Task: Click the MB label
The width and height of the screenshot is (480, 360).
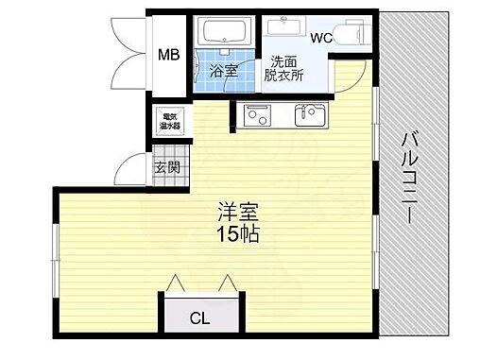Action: pos(167,55)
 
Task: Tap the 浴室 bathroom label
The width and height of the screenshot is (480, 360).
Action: pos(223,70)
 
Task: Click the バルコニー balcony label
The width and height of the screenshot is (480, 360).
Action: pos(409,177)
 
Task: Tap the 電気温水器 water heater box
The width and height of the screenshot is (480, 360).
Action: pos(169,120)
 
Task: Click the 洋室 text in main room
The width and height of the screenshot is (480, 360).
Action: pos(236,213)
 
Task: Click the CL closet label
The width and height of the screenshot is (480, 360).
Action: pos(199,318)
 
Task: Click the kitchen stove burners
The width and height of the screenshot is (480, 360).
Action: pos(257,116)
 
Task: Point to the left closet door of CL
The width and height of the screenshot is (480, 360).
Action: pos(173,283)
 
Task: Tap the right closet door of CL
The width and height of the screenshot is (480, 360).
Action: pos(227,283)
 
